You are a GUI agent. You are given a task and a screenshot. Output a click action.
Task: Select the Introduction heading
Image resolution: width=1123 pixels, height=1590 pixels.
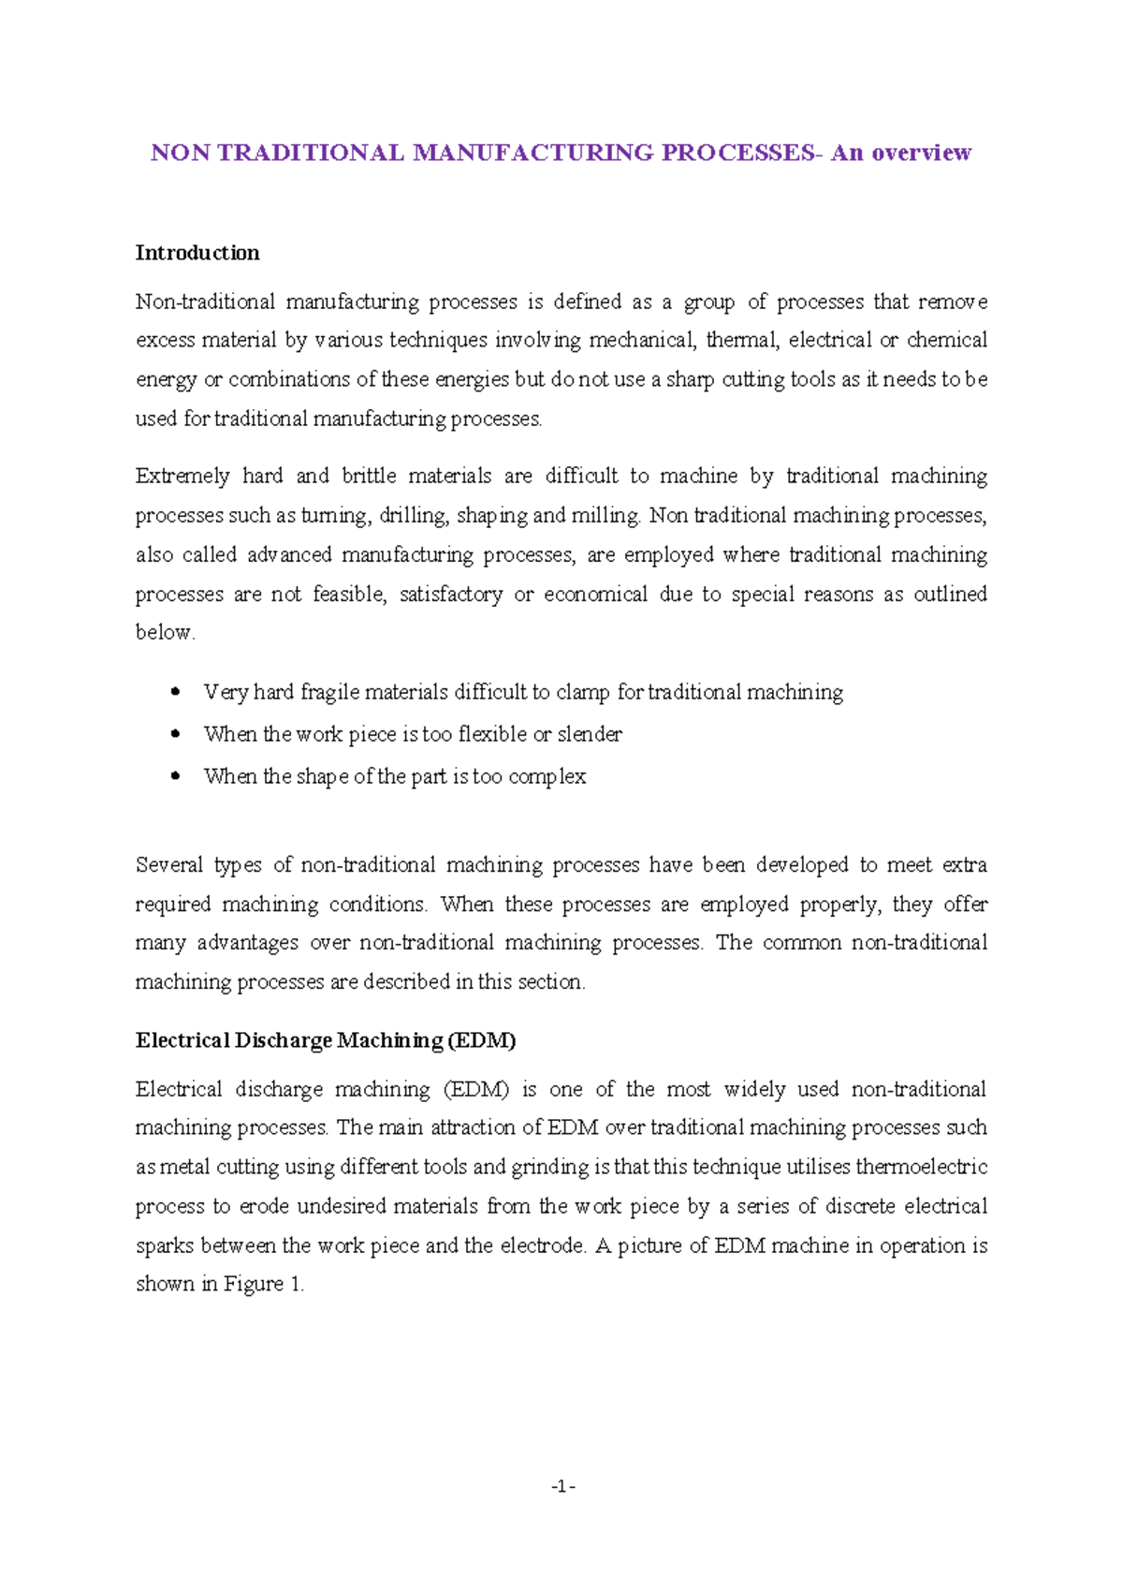point(197,253)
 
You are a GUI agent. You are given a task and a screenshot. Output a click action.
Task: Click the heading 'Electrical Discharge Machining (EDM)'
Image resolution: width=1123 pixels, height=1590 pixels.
point(326,1040)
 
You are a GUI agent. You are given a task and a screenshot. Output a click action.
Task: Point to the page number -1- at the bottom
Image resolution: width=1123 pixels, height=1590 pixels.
point(562,1486)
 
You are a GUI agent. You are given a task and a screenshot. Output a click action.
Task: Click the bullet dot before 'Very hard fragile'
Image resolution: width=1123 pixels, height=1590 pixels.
point(176,692)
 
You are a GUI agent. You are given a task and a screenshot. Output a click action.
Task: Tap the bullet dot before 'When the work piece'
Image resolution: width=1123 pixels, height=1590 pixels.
point(176,734)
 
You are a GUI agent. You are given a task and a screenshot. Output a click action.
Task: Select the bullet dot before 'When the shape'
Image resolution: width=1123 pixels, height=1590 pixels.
point(176,776)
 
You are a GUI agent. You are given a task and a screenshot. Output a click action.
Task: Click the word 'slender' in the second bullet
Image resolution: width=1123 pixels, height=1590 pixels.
point(590,734)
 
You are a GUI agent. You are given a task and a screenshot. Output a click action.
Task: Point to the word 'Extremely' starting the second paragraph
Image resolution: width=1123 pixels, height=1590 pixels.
point(182,477)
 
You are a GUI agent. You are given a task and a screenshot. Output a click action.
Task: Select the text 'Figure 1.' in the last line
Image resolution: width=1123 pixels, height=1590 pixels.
point(263,1285)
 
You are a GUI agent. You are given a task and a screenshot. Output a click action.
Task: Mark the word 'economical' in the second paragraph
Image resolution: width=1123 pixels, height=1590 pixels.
point(595,595)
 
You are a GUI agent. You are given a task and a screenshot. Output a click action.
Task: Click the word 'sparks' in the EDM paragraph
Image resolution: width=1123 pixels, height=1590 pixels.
point(164,1246)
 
